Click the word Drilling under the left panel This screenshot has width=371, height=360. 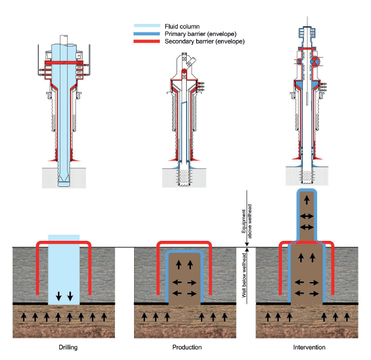pos(63,347)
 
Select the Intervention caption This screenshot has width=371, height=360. pos(308,347)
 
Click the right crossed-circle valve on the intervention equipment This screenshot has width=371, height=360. pos(315,62)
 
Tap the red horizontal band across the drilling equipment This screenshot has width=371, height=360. pos(63,62)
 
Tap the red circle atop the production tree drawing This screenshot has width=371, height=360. pos(185,72)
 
